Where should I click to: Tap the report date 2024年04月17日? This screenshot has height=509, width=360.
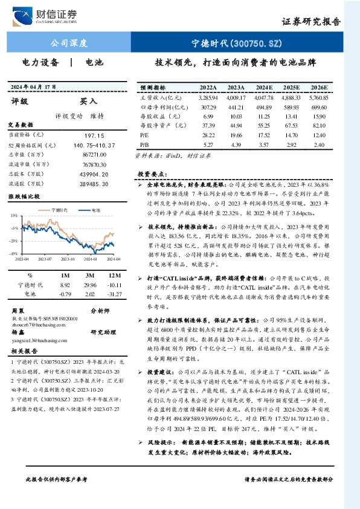click(x=37, y=87)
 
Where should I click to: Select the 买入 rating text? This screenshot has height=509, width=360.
click(x=89, y=102)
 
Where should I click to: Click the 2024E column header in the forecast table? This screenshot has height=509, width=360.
click(x=265, y=88)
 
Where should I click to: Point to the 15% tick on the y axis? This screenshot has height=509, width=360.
click(x=13, y=215)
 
